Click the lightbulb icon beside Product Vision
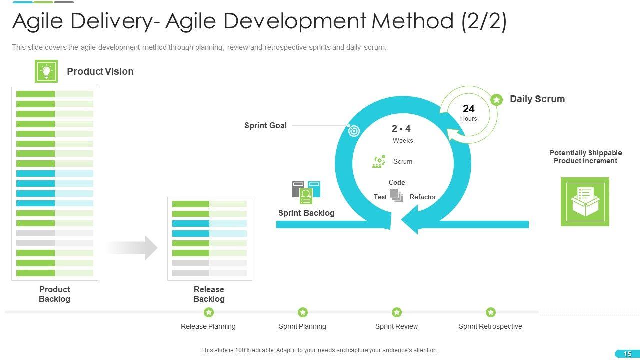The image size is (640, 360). click(46, 71)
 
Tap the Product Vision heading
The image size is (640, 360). click(100, 71)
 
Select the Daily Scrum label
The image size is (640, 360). click(537, 99)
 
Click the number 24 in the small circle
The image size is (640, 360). click(468, 109)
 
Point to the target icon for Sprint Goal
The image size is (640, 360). click(353, 130)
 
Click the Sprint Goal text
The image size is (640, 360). click(265, 125)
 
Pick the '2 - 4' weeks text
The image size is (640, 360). click(401, 129)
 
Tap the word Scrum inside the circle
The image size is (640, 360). click(403, 161)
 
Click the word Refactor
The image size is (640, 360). click(423, 197)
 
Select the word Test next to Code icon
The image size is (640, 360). click(380, 197)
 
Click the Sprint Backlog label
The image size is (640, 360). click(306, 213)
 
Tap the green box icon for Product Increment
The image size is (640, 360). click(585, 202)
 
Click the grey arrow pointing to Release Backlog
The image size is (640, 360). click(133, 248)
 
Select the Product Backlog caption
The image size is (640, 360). click(54, 294)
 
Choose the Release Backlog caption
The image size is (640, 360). click(209, 294)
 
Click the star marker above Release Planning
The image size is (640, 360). click(209, 312)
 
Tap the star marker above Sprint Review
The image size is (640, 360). click(397, 312)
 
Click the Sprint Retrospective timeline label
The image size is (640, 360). click(490, 326)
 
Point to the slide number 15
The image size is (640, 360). click(627, 354)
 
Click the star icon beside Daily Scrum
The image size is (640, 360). click(496, 100)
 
